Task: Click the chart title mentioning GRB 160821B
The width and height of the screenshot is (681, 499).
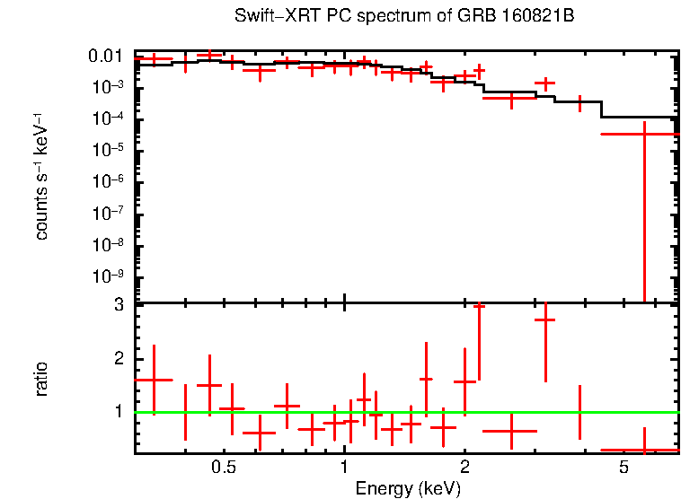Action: point(403,17)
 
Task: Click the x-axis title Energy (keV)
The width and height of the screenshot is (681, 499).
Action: point(408,488)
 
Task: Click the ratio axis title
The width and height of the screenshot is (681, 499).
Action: point(41,379)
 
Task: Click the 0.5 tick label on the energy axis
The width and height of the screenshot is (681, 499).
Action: point(224,468)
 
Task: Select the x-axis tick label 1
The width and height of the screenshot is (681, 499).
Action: point(345,468)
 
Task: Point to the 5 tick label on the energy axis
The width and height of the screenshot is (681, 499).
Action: point(624,468)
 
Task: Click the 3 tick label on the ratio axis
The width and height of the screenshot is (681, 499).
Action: point(118,305)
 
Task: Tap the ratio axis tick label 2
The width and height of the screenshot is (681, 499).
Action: point(118,359)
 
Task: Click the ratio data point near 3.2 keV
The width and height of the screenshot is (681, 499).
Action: point(545,320)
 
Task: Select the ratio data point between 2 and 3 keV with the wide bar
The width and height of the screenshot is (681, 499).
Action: point(509,431)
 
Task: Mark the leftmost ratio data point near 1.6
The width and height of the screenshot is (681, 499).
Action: point(154,380)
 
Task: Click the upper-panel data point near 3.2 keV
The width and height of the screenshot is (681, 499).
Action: point(544,83)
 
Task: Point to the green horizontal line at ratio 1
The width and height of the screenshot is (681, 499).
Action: point(404,412)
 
